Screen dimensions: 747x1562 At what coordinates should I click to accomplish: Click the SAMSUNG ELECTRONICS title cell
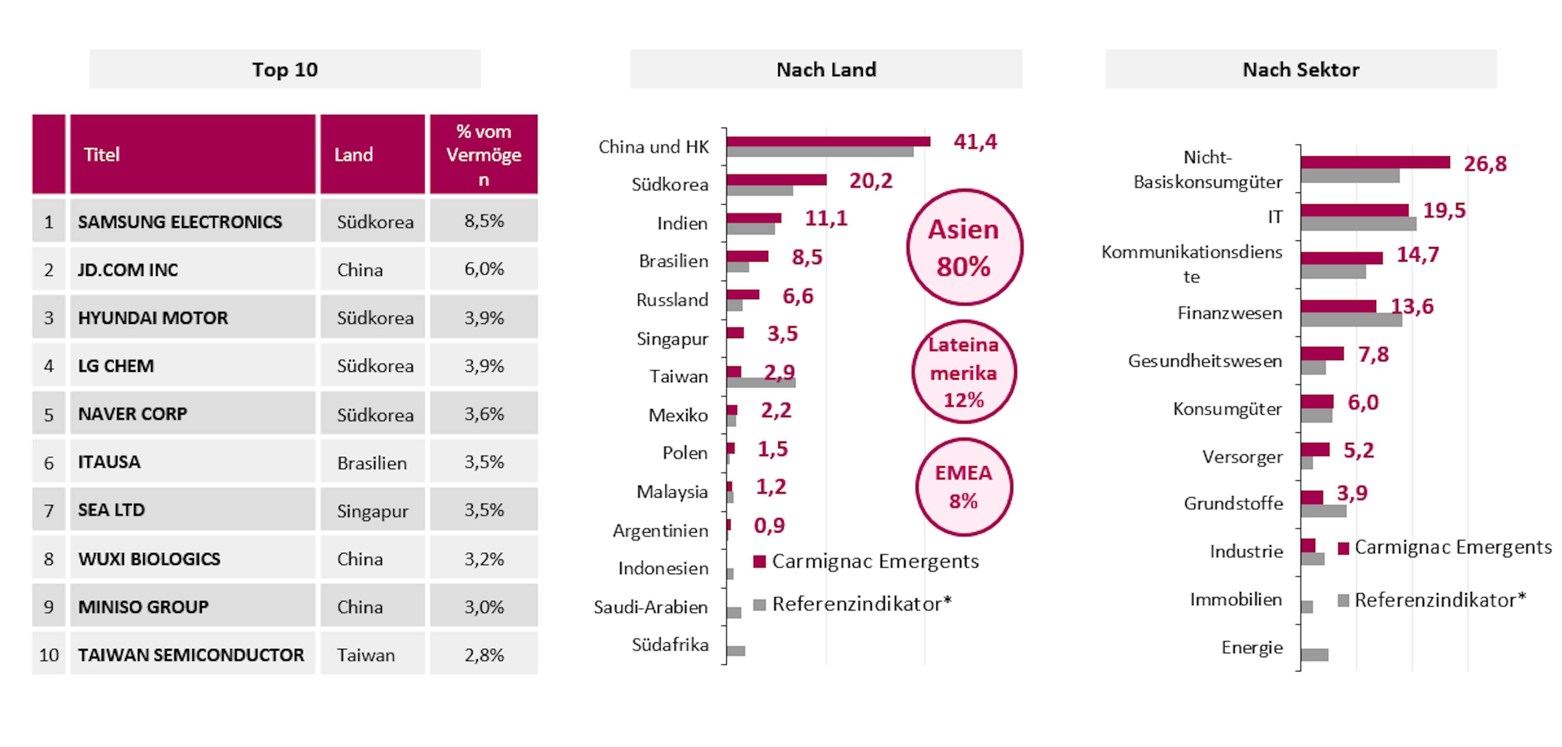192,221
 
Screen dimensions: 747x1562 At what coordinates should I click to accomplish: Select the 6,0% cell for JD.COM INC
483,269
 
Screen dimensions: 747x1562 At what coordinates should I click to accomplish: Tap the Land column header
372,155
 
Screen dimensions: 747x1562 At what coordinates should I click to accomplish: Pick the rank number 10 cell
48,655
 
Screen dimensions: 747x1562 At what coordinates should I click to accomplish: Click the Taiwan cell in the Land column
372,655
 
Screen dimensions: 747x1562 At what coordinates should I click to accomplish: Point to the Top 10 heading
285,70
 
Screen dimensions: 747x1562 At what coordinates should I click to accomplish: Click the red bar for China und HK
828,141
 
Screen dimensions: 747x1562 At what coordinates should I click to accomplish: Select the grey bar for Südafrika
735,651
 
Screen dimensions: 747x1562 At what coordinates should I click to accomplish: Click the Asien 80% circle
964,247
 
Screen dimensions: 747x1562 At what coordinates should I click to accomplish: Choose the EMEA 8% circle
964,487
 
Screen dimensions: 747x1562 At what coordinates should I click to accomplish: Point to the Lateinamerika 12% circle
964,372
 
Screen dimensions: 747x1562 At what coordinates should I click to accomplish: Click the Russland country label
672,299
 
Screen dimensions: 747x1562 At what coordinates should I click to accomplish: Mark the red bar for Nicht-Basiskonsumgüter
1374,162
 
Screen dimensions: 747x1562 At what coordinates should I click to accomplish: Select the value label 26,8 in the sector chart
1485,164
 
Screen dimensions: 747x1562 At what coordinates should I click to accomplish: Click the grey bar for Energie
1314,655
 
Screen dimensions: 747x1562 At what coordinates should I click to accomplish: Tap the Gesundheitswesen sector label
1205,361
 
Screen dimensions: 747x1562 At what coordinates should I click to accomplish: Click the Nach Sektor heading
1301,70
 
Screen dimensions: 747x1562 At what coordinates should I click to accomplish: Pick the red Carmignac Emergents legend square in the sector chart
1343,548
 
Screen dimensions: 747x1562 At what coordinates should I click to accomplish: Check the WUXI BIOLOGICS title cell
192,559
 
